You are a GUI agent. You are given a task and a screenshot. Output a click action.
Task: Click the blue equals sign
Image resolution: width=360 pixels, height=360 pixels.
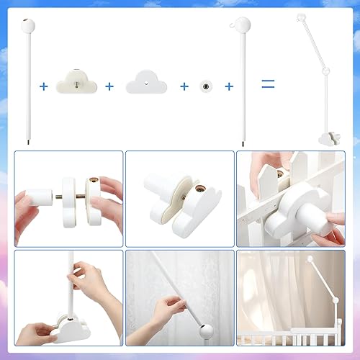268,84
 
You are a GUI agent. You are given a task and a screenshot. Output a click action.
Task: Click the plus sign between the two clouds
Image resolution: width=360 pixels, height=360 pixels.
109,86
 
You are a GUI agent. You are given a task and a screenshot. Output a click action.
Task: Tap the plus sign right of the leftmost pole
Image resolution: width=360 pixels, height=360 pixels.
44,86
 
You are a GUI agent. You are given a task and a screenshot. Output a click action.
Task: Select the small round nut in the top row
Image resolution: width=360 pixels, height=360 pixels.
206,86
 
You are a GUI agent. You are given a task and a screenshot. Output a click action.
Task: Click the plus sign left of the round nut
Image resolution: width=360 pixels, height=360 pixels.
184,86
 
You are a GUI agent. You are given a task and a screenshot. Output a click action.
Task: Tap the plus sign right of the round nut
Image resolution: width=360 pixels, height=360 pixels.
229,86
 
